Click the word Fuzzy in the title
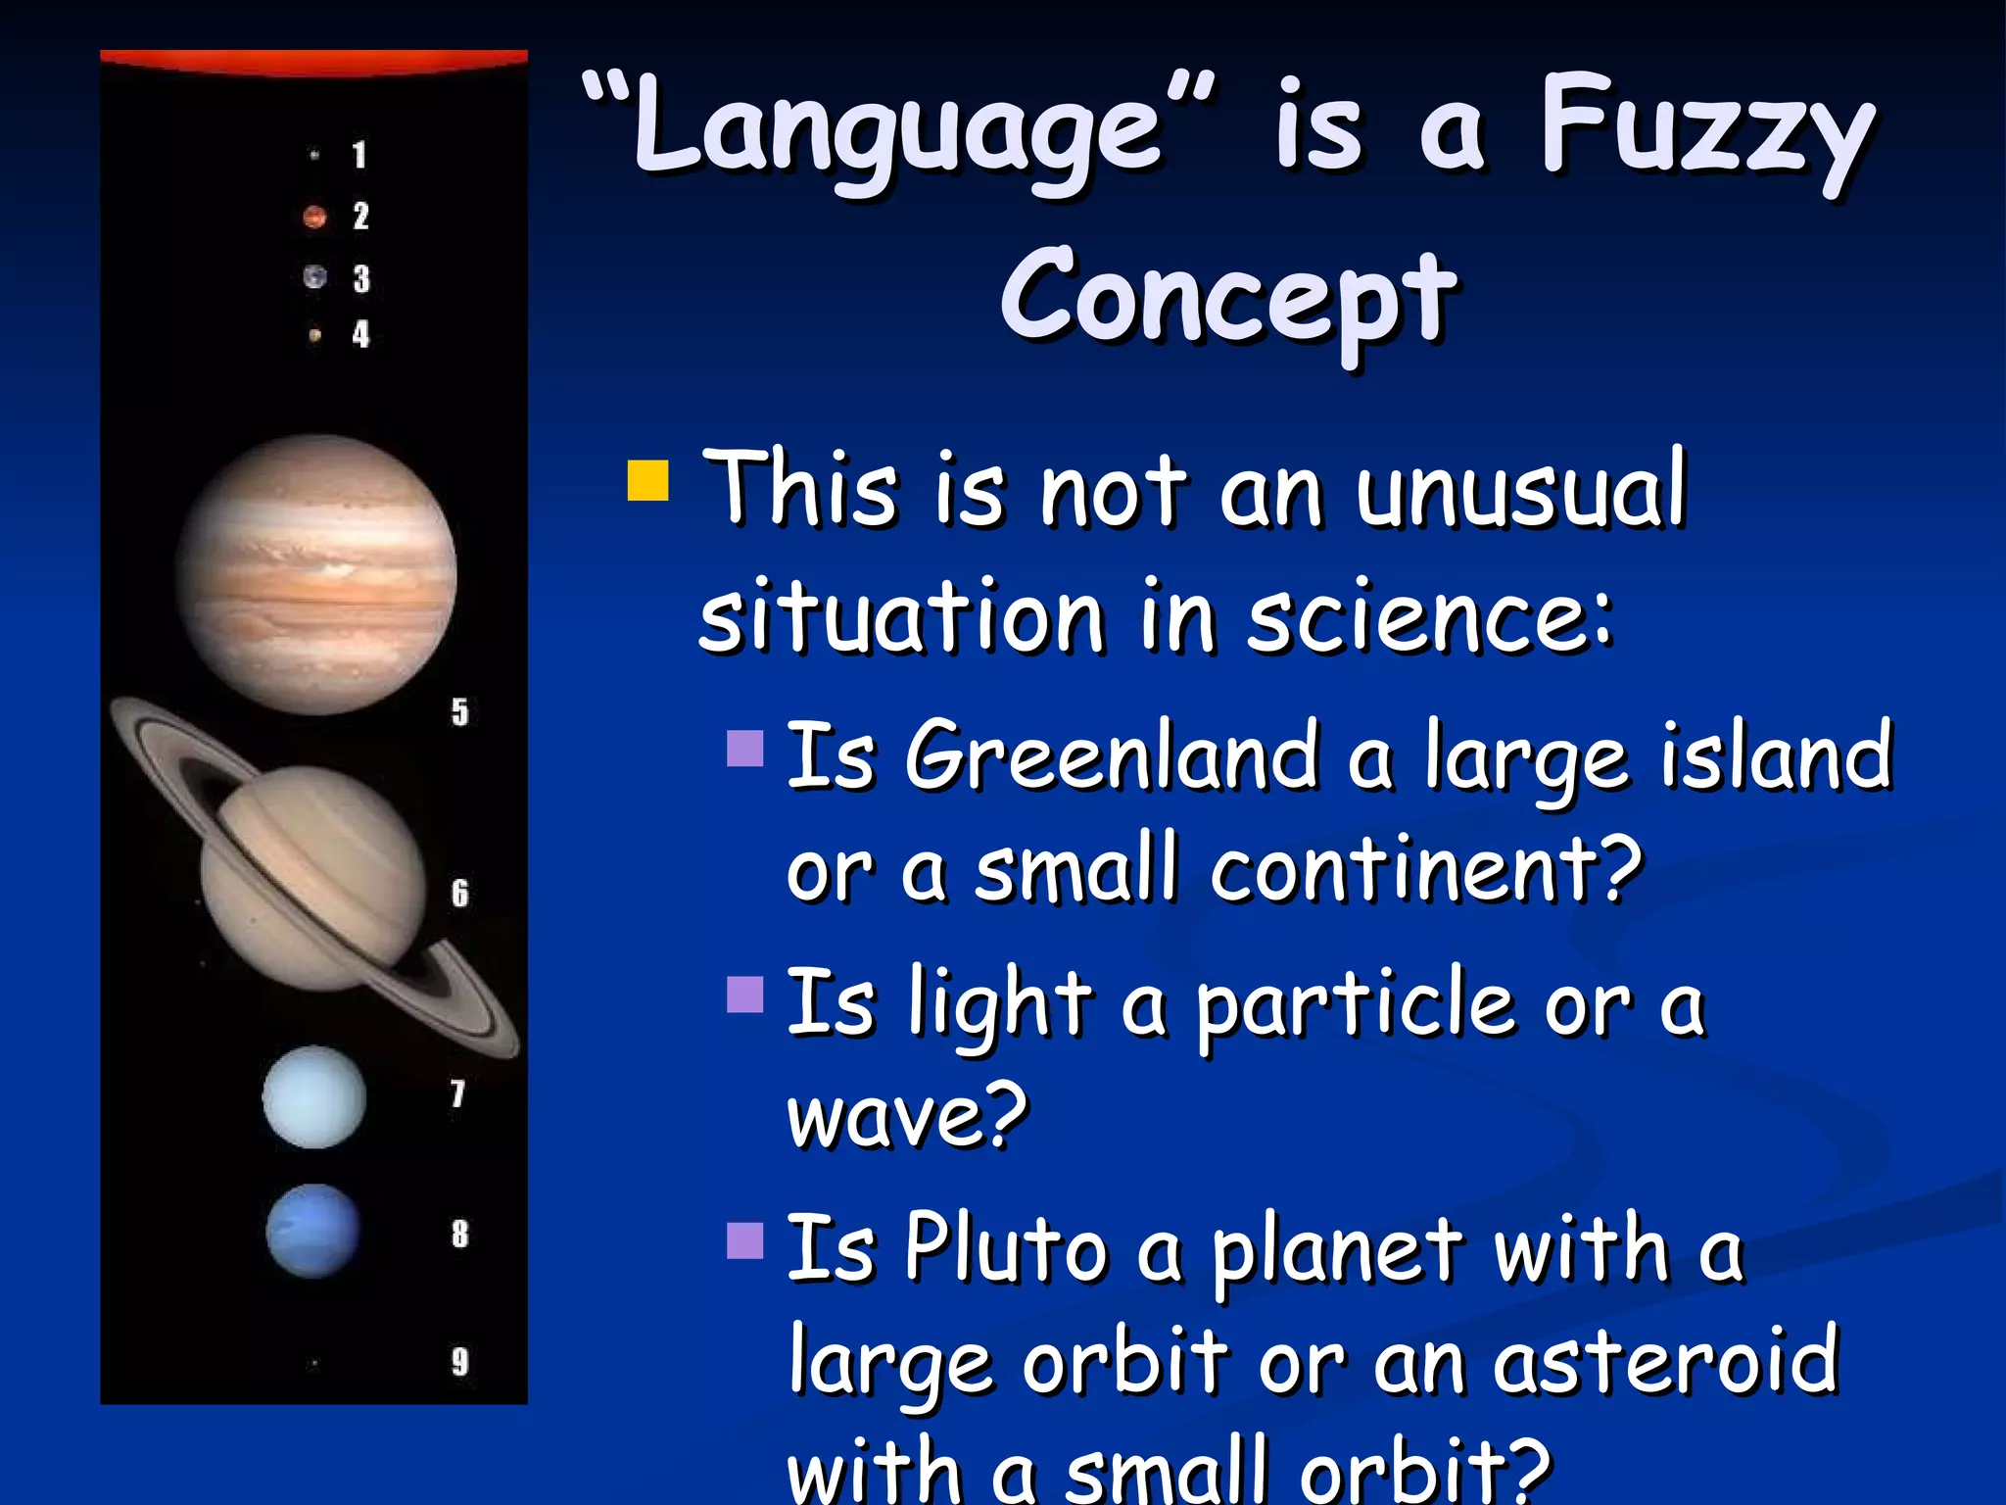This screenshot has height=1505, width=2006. pyautogui.click(x=1705, y=132)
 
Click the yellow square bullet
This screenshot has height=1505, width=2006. pyautogui.click(x=647, y=480)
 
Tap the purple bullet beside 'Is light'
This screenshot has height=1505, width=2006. pyautogui.click(x=745, y=995)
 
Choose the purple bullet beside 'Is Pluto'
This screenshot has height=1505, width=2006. pyautogui.click(x=745, y=1240)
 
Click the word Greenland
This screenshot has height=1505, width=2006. pyautogui.click(x=1111, y=757)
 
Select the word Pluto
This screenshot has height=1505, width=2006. pyautogui.click(x=1005, y=1249)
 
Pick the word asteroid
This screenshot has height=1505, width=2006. pyautogui.click(x=1664, y=1362)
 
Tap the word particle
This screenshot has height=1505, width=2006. pyautogui.click(x=1356, y=1007)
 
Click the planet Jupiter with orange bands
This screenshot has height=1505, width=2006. pyautogui.click(x=315, y=574)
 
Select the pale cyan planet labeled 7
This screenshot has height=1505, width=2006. pyautogui.click(x=314, y=1097)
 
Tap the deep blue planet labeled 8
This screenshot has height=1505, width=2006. pyautogui.click(x=313, y=1231)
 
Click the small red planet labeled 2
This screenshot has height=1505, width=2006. pyautogui.click(x=314, y=217)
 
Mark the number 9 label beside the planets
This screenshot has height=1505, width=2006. pyautogui.click(x=459, y=1362)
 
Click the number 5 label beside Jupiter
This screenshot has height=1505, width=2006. pyautogui.click(x=459, y=712)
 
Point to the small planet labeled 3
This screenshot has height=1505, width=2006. pyautogui.click(x=314, y=277)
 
